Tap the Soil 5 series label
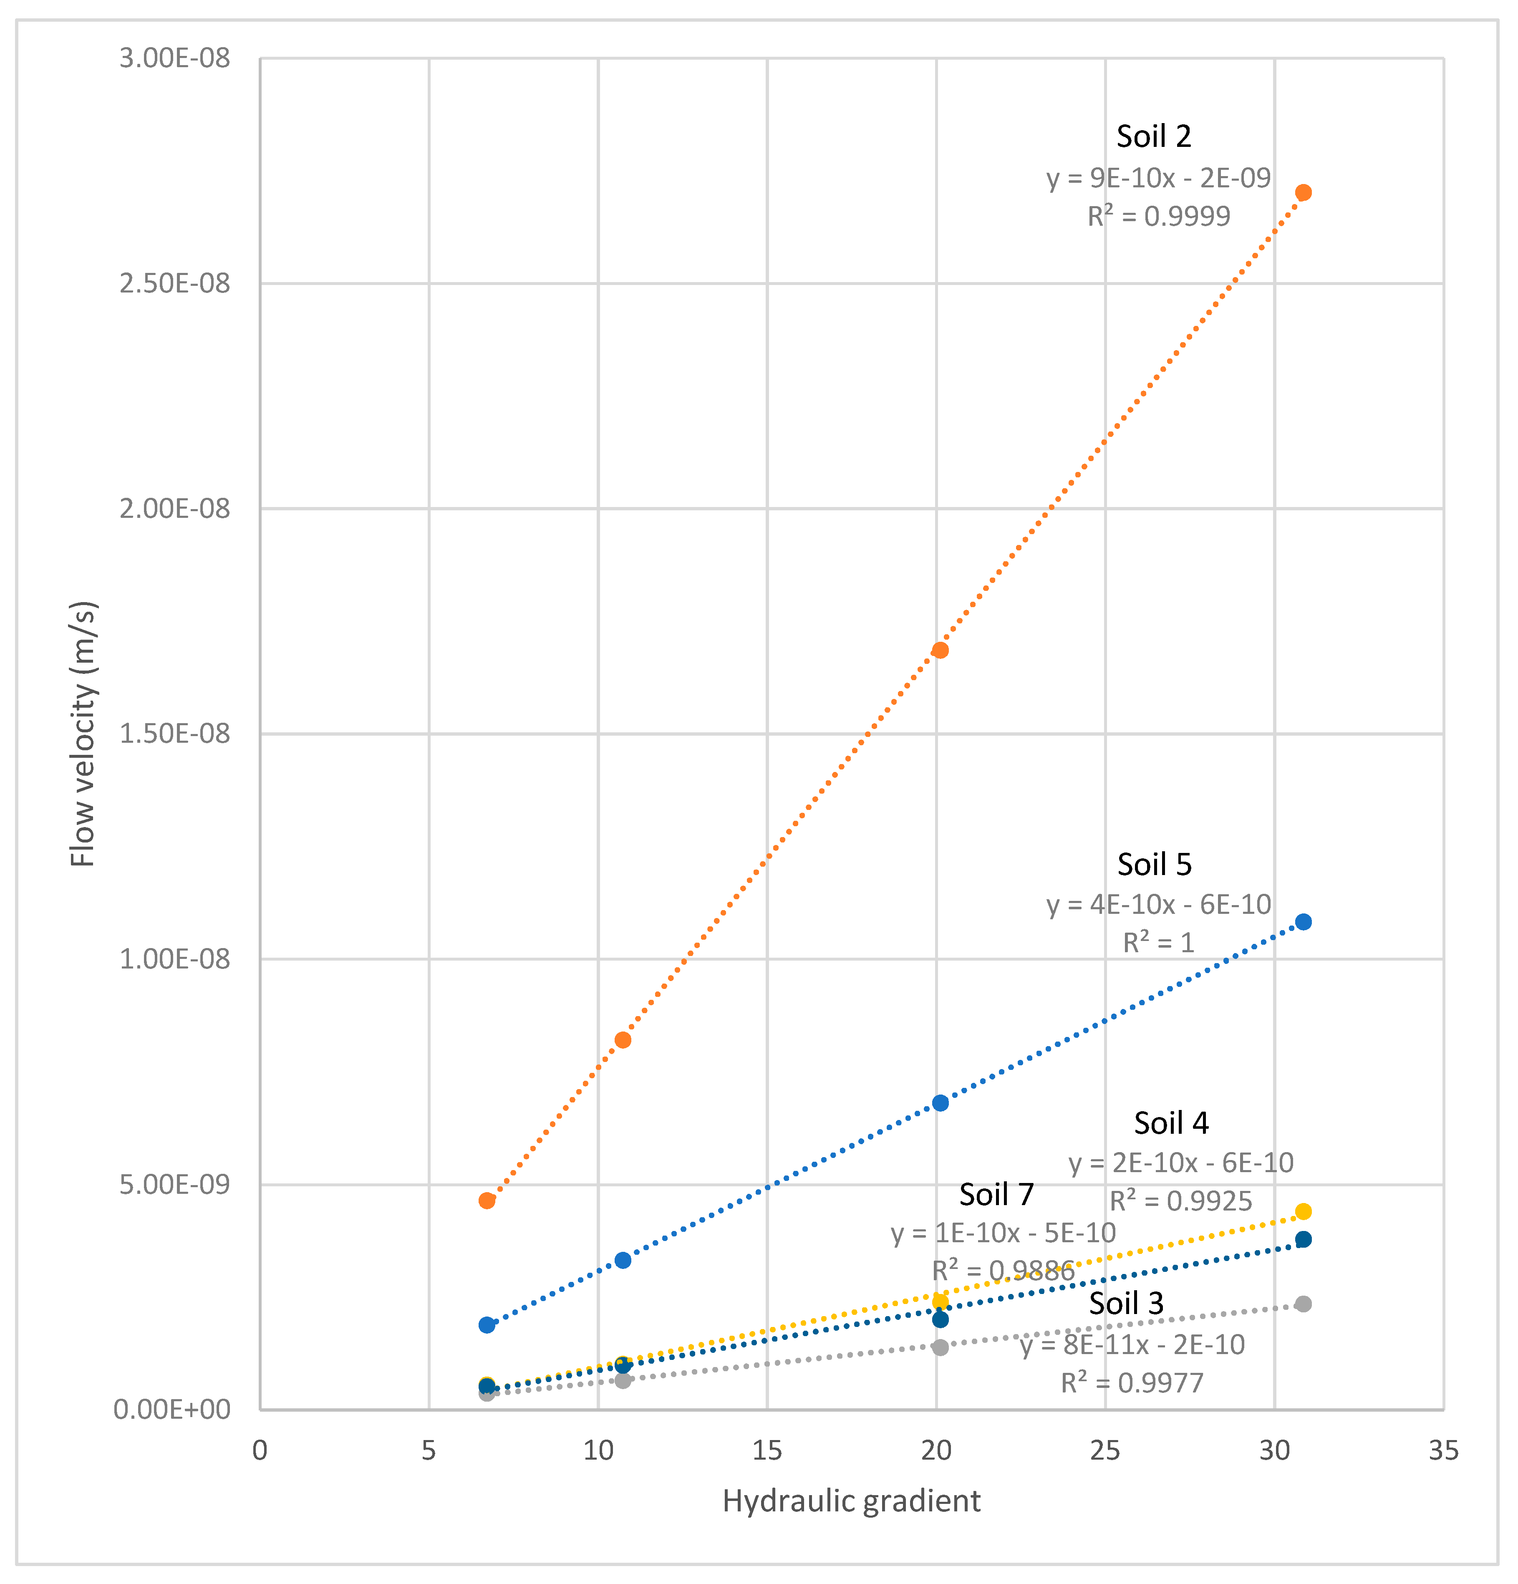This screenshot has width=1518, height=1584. pos(1154,865)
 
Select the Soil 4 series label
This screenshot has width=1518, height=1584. pos(1170,1123)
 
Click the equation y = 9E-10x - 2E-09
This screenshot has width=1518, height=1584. pos(1158,178)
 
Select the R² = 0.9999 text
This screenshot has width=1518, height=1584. pos(1158,217)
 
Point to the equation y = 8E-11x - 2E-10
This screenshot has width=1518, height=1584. pos(1132,1345)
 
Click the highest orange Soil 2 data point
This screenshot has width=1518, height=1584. pos(1303,192)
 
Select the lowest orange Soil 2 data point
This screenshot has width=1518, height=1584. pos(487,1201)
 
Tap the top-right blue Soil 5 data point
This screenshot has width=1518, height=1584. pos(1303,922)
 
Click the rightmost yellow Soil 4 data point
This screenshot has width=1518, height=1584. pos(1303,1211)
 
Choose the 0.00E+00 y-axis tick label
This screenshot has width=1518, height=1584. pos(171,1410)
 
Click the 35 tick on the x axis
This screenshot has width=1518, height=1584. pos(1444,1450)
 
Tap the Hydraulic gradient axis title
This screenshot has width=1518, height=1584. pos(851,1501)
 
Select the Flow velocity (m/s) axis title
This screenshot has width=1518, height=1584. pos(83,734)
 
